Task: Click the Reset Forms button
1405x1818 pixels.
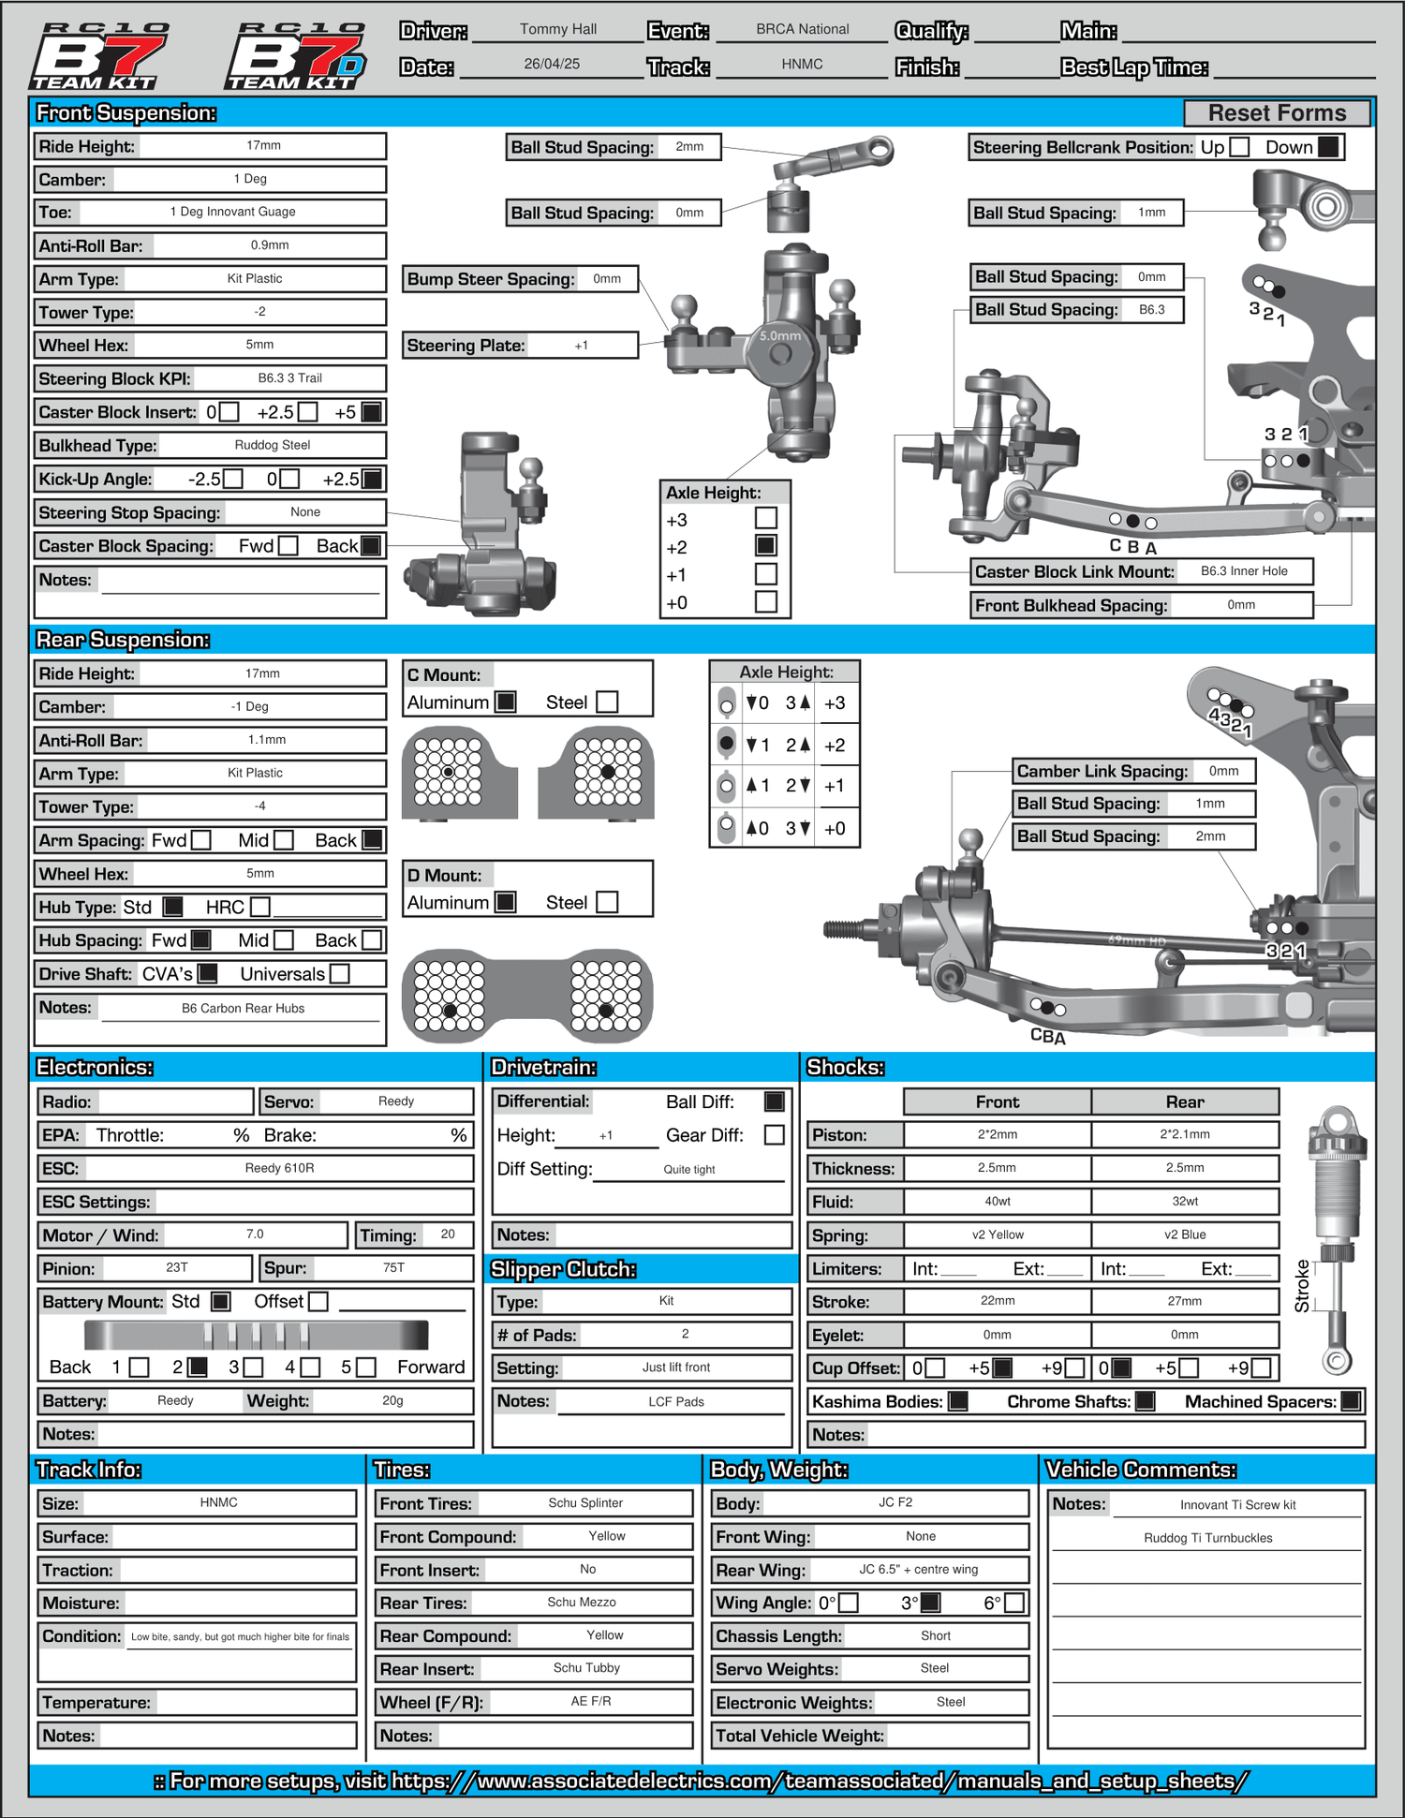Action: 1277,113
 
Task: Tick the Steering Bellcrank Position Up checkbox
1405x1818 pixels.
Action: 1239,147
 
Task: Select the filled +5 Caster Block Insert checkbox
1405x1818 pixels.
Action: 372,412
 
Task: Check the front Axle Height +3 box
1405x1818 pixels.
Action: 766,518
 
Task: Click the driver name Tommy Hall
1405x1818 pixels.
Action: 558,29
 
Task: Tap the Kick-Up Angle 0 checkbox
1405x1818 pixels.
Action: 290,480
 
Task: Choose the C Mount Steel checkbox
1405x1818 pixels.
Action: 607,702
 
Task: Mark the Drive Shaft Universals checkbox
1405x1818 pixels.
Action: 340,974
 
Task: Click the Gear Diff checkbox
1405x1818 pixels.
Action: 775,1135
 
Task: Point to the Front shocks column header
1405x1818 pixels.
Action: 997,1102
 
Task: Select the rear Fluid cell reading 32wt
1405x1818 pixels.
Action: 1185,1201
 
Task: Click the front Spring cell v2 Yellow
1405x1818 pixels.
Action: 997,1234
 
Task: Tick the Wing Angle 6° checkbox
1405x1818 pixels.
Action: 1013,1603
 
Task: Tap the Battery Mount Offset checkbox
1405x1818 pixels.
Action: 318,1302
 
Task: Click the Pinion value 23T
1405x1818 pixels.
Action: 177,1267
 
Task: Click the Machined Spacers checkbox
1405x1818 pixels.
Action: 1351,1401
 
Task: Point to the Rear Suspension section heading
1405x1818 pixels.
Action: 123,640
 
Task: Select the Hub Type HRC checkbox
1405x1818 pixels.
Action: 260,907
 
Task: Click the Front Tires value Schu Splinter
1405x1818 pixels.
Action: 585,1502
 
